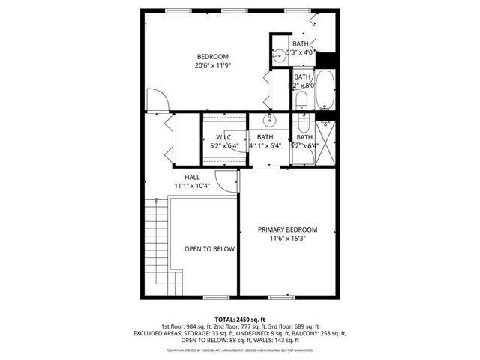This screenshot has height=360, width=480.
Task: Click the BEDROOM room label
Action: [213, 57]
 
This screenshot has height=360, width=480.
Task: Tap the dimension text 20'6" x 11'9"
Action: [213, 65]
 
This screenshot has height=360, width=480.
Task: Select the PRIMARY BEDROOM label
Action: [287, 229]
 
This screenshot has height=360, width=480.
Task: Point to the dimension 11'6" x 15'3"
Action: [287, 238]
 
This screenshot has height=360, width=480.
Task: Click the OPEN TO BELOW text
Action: [210, 249]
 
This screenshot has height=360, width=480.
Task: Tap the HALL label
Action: [193, 177]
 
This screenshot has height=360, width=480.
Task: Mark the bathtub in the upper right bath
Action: [325, 89]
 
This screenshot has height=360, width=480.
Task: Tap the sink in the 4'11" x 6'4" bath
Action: [269, 120]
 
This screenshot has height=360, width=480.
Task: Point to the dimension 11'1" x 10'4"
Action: [193, 185]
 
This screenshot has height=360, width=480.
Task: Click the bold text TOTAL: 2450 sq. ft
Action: [239, 319]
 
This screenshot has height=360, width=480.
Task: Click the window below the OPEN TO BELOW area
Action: [215, 298]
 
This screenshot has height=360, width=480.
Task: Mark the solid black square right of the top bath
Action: [326, 58]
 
